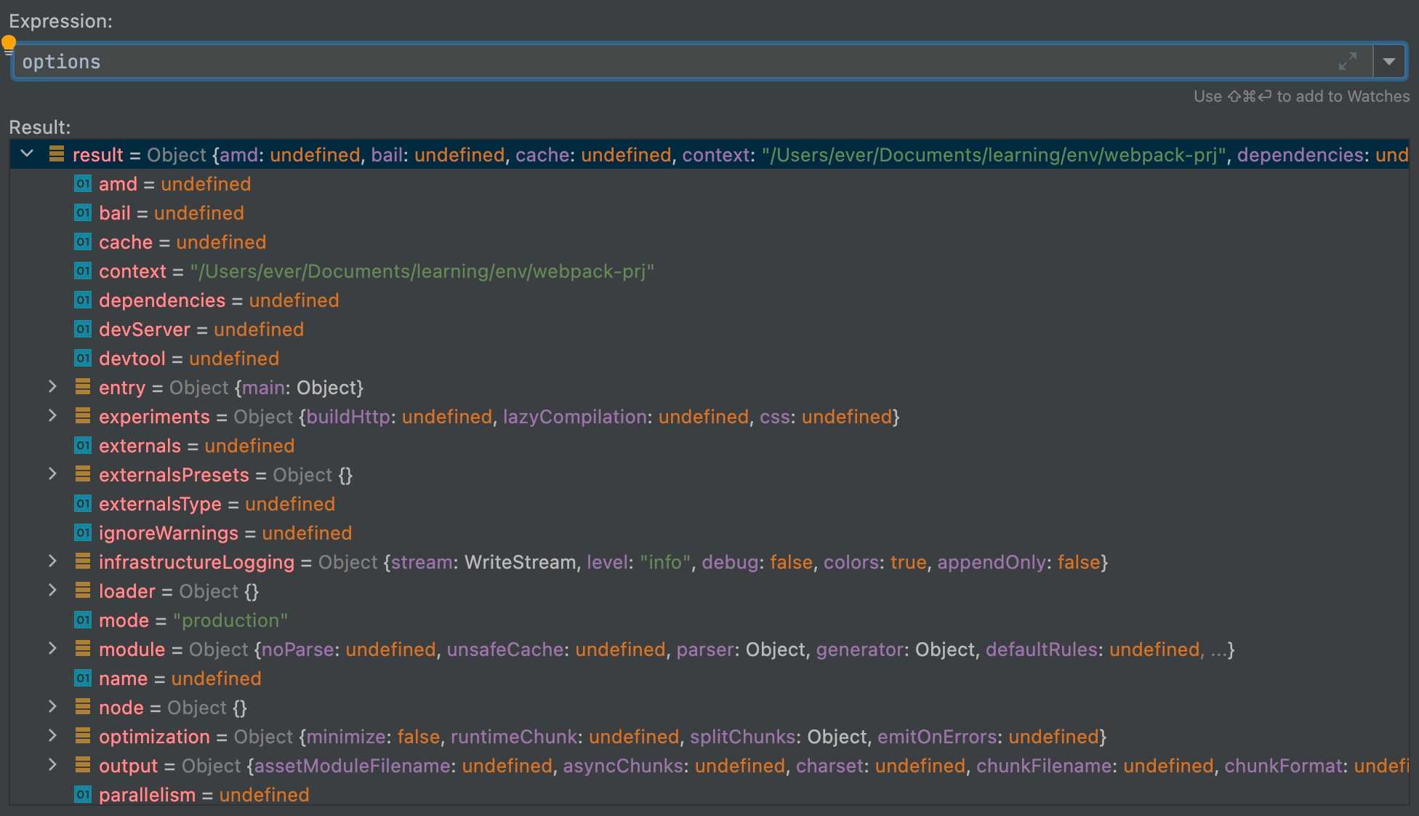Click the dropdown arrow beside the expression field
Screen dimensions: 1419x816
(1389, 62)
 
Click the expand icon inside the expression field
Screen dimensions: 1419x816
(1348, 62)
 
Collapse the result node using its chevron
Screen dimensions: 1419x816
(28, 154)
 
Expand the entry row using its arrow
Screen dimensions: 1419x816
(52, 387)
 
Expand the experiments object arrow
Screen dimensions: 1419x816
(52, 416)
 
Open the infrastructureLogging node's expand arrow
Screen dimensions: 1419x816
(52, 561)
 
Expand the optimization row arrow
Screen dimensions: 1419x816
(52, 736)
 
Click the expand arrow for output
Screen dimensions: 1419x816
(52, 765)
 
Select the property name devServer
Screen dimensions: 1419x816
(145, 329)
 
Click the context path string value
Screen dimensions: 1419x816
(422, 271)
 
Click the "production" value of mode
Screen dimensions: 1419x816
(230, 620)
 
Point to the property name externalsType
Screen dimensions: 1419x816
(160, 504)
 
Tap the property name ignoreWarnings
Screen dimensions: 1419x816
(169, 533)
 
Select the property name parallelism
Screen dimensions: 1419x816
(148, 795)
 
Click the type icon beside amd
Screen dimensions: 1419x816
(83, 184)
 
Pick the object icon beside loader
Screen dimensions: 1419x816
(83, 591)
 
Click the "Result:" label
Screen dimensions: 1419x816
(40, 127)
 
